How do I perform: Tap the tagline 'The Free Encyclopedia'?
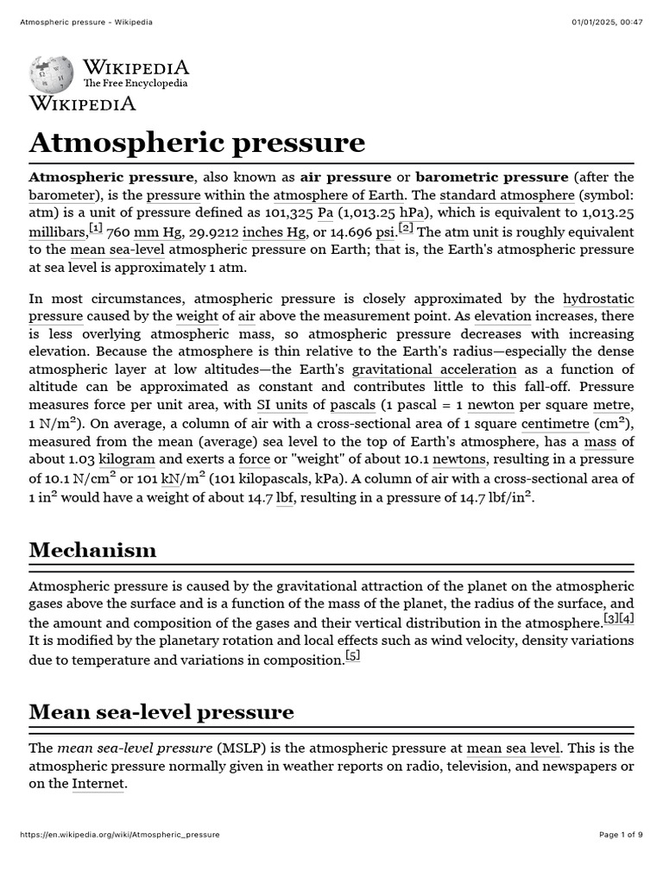click(135, 84)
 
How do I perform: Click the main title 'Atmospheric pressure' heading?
click(197, 142)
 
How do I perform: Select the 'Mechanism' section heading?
click(92, 550)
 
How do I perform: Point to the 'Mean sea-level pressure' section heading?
click(161, 712)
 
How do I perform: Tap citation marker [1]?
click(96, 229)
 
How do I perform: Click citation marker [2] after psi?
click(407, 229)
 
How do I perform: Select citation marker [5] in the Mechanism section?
click(352, 656)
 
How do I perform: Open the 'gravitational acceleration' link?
click(434, 369)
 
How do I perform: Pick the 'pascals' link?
click(352, 404)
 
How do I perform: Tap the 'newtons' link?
click(459, 459)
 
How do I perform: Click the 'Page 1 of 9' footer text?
click(621, 835)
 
